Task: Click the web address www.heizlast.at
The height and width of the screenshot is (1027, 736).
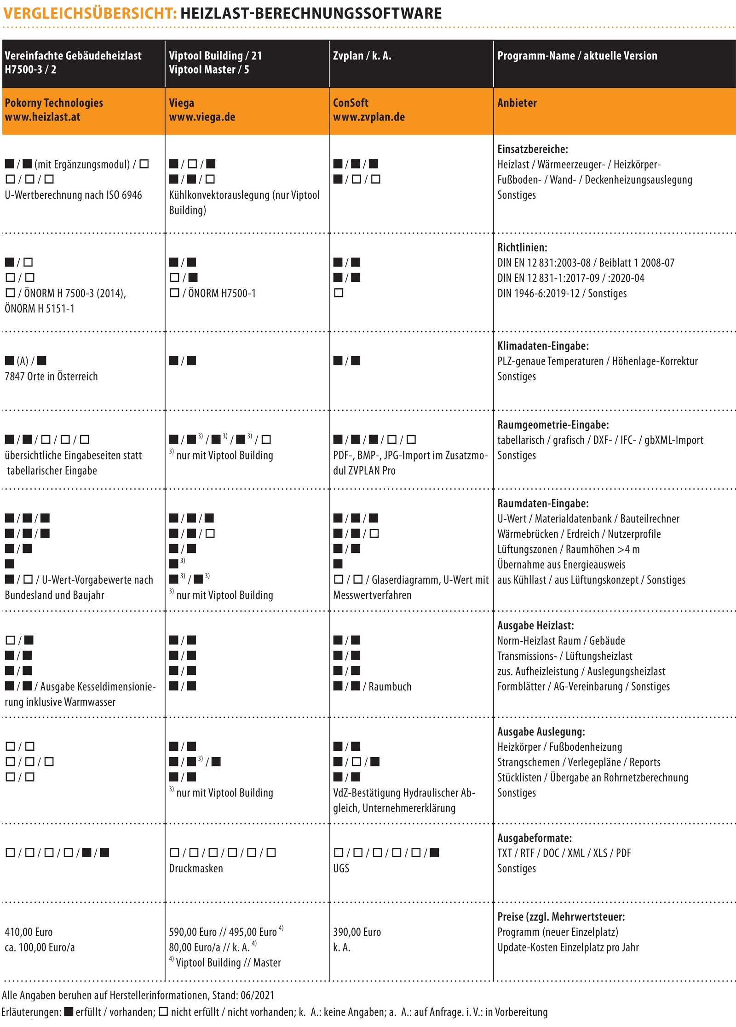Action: [x=42, y=117]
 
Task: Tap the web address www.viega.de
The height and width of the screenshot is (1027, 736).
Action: [x=202, y=117]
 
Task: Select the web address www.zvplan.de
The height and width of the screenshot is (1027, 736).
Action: [x=369, y=117]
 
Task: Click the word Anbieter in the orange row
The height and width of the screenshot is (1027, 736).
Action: [x=517, y=103]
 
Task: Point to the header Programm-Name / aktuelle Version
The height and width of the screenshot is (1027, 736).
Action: [x=577, y=56]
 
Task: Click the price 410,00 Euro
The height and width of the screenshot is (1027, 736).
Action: [x=29, y=932]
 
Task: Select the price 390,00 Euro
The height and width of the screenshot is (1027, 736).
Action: [x=357, y=932]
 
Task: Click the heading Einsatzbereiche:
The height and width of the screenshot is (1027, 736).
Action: [x=533, y=149]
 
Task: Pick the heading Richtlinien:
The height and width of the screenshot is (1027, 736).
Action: [x=522, y=247]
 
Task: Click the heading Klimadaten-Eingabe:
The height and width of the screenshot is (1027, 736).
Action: [x=543, y=346]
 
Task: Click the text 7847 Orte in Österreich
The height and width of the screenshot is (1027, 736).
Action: [x=51, y=377]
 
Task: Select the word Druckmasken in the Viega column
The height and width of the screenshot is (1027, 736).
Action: [x=196, y=868]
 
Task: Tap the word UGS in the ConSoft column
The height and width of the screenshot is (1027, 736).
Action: [x=341, y=868]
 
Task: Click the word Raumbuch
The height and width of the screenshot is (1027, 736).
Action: [x=390, y=686]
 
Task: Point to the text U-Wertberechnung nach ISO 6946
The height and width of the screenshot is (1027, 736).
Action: [x=73, y=195]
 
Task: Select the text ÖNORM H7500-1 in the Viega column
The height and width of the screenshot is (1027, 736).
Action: [x=222, y=293]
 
